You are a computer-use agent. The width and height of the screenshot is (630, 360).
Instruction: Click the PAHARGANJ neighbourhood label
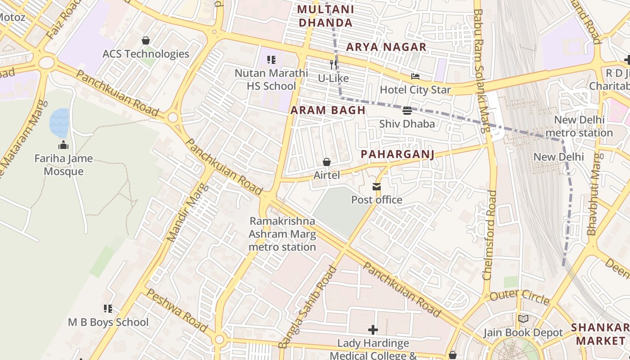click(x=397, y=154)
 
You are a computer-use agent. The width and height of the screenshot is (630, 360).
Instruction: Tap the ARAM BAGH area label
click(x=328, y=110)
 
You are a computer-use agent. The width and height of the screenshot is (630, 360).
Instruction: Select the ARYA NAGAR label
click(x=386, y=47)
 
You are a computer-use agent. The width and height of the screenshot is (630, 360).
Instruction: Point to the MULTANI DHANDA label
click(x=325, y=16)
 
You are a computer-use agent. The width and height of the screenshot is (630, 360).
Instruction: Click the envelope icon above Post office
click(x=376, y=187)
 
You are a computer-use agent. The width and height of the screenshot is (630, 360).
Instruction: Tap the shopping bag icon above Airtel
click(x=327, y=162)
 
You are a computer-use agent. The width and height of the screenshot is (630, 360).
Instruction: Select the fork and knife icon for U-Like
click(x=333, y=65)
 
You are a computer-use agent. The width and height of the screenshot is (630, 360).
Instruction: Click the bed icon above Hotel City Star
click(x=415, y=76)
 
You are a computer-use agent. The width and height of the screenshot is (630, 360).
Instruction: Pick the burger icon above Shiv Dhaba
click(x=407, y=111)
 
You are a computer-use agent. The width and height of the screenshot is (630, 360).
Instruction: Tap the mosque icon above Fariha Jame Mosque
click(x=63, y=145)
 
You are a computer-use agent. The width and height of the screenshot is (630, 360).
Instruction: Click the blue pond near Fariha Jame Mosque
click(x=59, y=122)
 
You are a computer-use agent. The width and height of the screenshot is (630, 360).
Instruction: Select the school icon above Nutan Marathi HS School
click(x=271, y=59)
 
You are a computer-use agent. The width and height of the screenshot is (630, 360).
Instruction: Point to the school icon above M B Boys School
click(x=108, y=309)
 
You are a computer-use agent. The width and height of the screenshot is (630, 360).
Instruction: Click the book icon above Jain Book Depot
click(x=523, y=319)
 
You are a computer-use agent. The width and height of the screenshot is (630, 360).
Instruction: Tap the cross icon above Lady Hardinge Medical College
click(x=373, y=330)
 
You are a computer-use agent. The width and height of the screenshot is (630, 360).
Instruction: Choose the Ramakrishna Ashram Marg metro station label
click(x=282, y=234)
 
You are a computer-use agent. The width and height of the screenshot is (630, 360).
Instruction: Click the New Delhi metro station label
click(x=579, y=126)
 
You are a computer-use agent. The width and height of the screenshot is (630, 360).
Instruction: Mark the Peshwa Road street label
click(x=177, y=310)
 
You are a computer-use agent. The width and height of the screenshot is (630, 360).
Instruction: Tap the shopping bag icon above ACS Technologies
click(x=145, y=40)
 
